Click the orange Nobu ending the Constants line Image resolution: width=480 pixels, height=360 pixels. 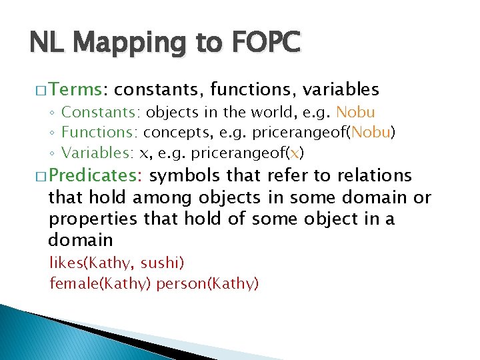[356, 113]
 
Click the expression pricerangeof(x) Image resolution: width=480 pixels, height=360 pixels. [247, 154]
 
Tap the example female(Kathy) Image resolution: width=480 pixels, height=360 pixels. [101, 284]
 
